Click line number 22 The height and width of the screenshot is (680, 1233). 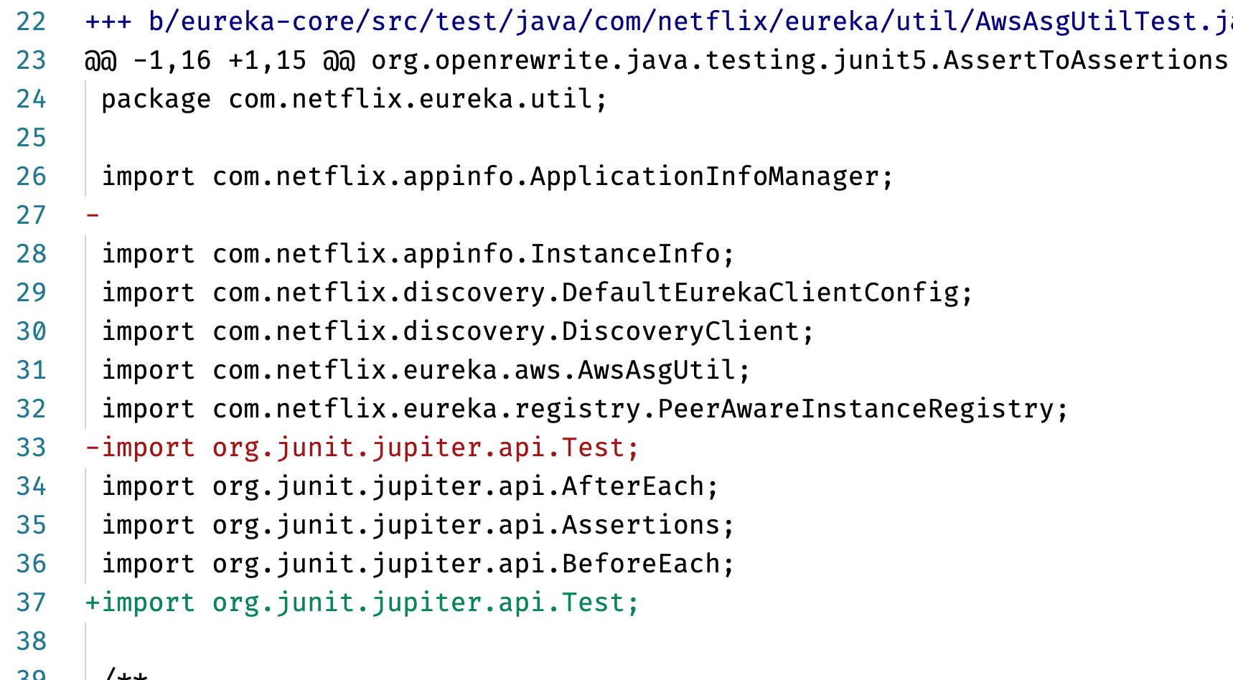tap(31, 22)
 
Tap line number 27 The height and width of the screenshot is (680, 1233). tap(31, 215)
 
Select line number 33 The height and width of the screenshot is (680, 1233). tap(31, 448)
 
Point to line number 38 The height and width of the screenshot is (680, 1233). tap(31, 641)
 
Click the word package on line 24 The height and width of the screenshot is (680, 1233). tap(156, 99)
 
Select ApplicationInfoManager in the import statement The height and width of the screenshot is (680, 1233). tap(705, 176)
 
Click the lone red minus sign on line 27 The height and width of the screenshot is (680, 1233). tap(93, 215)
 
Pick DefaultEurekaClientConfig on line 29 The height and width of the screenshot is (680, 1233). tap(761, 293)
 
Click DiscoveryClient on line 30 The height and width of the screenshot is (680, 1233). tap(681, 331)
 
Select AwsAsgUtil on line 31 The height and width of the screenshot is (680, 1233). tap(657, 370)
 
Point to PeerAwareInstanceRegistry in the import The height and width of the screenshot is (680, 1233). tap(856, 409)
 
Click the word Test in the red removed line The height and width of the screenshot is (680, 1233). tap(593, 448)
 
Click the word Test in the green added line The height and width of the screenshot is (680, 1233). tap(593, 603)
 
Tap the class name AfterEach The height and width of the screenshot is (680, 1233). tap(633, 486)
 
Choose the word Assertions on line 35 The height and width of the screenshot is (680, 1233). tap(641, 525)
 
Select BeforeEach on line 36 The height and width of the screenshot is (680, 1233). tap(641, 564)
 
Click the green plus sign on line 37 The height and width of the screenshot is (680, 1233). tap(93, 603)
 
